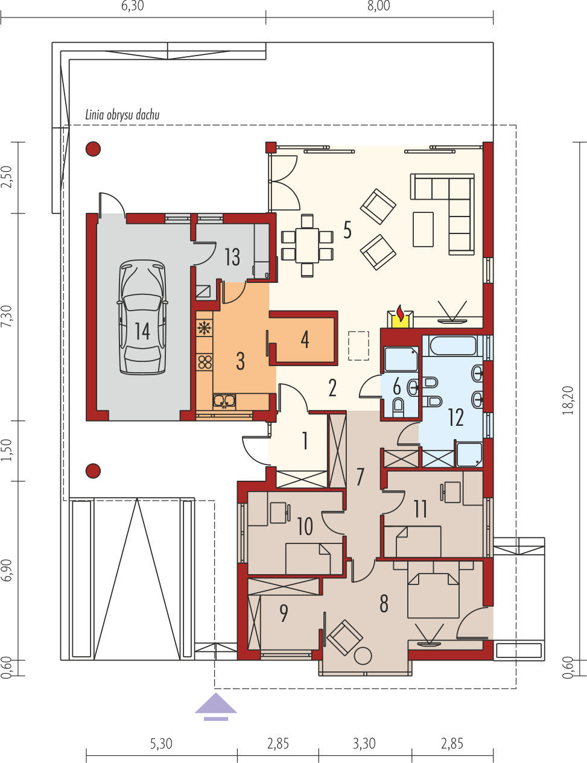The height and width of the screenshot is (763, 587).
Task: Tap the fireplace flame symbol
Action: [400, 313]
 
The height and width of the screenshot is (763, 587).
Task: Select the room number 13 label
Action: [232, 257]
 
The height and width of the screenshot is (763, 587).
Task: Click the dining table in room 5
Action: [307, 245]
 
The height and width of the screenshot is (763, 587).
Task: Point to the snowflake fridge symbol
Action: [205, 328]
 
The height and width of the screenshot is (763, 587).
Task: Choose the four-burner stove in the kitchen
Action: [205, 362]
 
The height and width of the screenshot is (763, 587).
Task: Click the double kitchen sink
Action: [224, 400]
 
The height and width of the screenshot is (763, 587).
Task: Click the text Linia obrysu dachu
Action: [122, 115]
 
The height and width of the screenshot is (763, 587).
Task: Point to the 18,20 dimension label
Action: [568, 400]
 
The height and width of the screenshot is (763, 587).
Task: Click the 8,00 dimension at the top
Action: [379, 6]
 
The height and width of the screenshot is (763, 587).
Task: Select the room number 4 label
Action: [305, 340]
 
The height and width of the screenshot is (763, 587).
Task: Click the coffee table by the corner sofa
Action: [423, 229]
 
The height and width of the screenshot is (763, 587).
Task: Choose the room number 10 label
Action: [305, 527]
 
